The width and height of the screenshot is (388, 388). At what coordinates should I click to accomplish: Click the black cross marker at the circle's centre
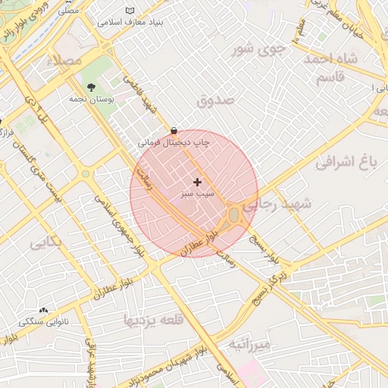(x=198, y=182)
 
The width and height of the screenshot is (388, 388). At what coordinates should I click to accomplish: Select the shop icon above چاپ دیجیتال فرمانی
(x=175, y=130)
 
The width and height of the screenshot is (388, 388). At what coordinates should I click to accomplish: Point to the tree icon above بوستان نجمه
(x=92, y=88)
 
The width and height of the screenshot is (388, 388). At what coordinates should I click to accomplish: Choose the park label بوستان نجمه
(x=91, y=99)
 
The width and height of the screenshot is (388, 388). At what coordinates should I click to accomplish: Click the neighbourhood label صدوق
(x=215, y=100)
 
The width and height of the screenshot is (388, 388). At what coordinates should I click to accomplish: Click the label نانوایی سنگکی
(x=43, y=322)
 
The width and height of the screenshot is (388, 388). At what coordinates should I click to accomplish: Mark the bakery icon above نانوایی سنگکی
(x=43, y=311)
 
